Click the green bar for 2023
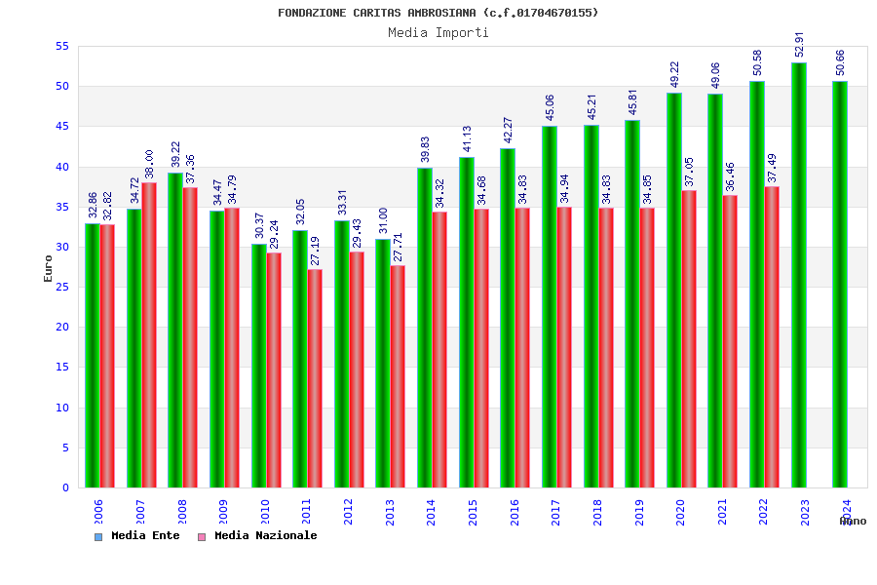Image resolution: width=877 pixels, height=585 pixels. [x=799, y=275]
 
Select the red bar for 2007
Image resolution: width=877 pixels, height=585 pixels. [x=149, y=334]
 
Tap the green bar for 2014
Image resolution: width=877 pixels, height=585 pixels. [x=425, y=328]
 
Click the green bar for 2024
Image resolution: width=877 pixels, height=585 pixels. [x=840, y=284]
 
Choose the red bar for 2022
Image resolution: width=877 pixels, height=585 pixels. [x=772, y=336]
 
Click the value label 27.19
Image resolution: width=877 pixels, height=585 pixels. [x=315, y=252]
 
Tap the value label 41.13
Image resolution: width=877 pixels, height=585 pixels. [x=467, y=139]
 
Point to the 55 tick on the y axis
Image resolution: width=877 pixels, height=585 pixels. [x=61, y=47]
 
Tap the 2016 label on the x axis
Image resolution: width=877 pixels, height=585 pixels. [x=515, y=513]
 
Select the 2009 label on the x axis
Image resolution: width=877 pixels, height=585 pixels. [x=224, y=513]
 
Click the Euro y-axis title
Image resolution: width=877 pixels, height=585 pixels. [x=49, y=268]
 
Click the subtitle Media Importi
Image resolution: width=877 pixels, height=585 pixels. [x=438, y=33]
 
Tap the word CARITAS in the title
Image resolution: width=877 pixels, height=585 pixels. [x=381, y=13]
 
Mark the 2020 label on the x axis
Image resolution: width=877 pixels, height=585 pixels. [x=681, y=513]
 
